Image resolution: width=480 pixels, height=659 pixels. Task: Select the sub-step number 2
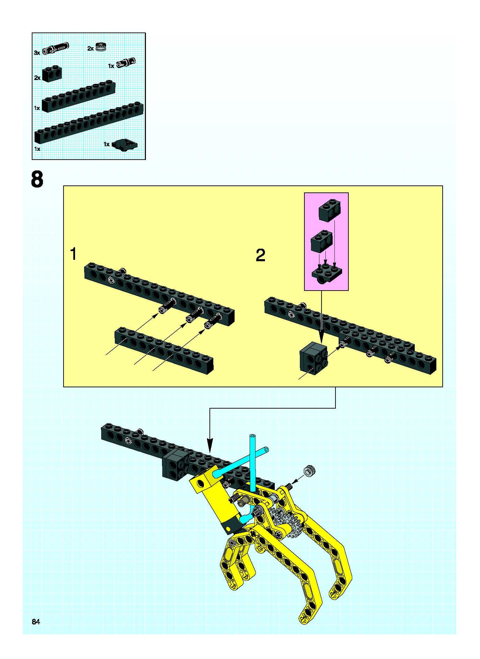click(260, 255)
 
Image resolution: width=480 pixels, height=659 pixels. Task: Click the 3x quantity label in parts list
click(37, 53)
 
